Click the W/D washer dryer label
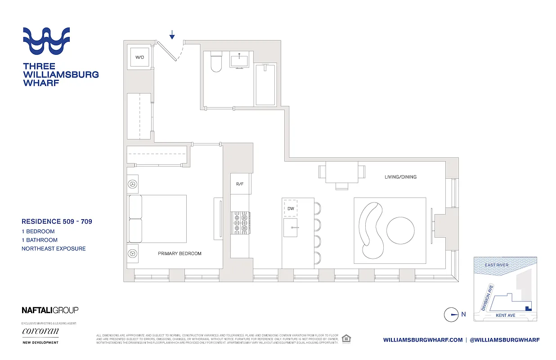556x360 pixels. [139, 57]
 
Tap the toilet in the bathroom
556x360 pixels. [216, 62]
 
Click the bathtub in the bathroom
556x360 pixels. [265, 85]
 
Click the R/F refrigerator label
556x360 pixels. [240, 184]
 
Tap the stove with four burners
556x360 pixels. [240, 222]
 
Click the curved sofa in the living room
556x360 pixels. [371, 230]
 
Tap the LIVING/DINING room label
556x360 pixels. [400, 177]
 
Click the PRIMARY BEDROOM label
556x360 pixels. [179, 253]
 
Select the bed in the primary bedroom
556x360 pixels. [157, 219]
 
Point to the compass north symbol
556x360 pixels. [451, 315]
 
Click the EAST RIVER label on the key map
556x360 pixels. [497, 265]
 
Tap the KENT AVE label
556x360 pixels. [505, 315]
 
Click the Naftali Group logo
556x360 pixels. [50, 310]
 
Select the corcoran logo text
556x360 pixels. [40, 332]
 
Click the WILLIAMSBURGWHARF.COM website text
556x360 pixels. [422, 340]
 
